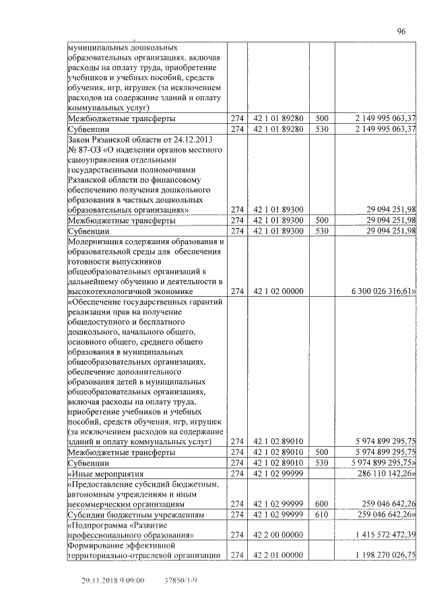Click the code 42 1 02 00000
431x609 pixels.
(278, 291)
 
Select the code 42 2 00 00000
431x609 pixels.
(278, 534)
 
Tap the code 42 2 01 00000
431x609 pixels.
(278, 555)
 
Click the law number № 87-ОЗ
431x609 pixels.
(88, 149)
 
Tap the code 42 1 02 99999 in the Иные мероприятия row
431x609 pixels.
(278, 474)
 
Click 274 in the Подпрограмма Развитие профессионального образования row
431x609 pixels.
(236, 534)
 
